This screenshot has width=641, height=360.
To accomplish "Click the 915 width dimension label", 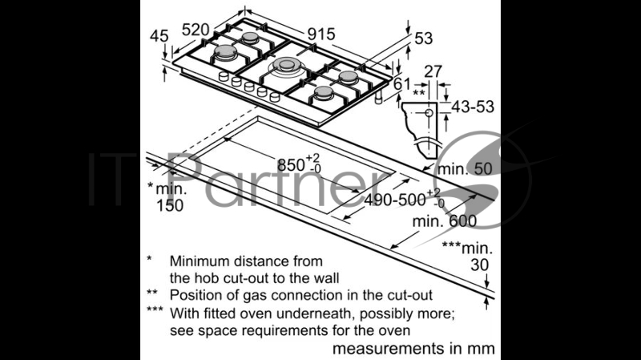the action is (x=321, y=34).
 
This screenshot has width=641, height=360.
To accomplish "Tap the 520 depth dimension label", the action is (x=196, y=30).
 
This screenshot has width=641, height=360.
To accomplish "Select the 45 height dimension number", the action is (x=159, y=36).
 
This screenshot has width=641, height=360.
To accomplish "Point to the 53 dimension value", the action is (x=424, y=38).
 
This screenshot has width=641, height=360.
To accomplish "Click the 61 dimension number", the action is (x=402, y=84).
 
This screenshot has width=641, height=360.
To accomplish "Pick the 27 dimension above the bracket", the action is (x=433, y=71).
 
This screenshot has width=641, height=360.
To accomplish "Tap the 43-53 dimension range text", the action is (x=473, y=107).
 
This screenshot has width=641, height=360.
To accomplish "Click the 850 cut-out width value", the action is (x=291, y=165).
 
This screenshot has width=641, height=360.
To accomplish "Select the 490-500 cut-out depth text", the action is (x=395, y=200).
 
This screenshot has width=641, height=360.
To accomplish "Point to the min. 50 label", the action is (x=465, y=168).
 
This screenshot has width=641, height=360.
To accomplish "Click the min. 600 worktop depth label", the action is (x=445, y=221).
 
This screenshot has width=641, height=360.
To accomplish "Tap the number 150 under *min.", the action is (x=170, y=205).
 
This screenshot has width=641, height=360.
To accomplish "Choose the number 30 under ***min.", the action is (x=479, y=265).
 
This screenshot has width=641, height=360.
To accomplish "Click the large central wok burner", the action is (x=287, y=67).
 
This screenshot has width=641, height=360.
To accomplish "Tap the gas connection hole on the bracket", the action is (x=429, y=112).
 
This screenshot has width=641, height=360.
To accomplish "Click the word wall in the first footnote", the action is (x=327, y=278).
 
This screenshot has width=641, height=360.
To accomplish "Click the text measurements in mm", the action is (x=413, y=349).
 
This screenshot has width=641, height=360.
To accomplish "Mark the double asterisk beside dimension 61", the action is (x=419, y=92).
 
